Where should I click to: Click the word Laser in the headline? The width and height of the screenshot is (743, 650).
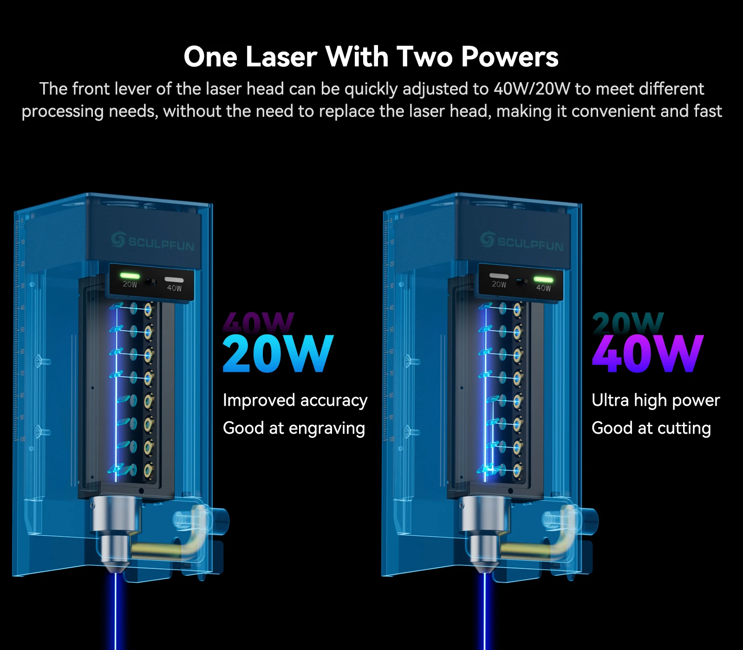[x=281, y=57]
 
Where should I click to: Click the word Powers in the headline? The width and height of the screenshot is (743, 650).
[x=509, y=57]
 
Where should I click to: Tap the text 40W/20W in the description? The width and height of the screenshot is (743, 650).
[x=531, y=89]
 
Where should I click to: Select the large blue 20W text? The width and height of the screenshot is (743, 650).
[x=278, y=354]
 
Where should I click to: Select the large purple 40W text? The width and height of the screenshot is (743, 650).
[x=647, y=354]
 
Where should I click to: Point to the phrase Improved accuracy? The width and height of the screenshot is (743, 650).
[x=295, y=400]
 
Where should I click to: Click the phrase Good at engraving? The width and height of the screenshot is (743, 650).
[x=293, y=428]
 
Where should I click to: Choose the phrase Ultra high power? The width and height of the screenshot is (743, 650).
[x=655, y=400]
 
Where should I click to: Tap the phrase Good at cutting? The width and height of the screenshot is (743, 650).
[x=651, y=428]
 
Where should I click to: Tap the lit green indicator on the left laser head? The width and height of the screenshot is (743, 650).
[x=130, y=275]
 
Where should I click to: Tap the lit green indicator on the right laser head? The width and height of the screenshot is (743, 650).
[x=543, y=279]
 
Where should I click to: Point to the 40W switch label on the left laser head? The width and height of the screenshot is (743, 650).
[x=174, y=288]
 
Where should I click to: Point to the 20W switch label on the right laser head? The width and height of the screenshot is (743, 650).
[x=499, y=284]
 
